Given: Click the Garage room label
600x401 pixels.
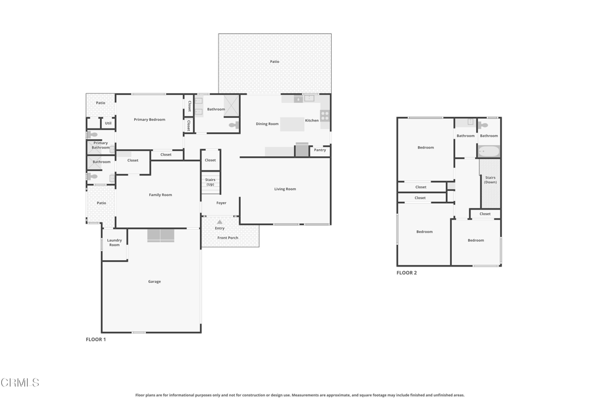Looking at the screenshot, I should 154,282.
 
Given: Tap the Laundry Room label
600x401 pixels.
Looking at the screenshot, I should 114,242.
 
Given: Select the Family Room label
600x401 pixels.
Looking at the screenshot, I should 160,195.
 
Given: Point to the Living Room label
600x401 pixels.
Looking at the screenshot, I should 285,189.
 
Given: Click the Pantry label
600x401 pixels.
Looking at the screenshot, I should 320,150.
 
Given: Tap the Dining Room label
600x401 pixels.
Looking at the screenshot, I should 267,124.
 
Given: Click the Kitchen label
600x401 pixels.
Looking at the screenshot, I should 312,120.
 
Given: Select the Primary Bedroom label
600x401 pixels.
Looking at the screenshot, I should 149,120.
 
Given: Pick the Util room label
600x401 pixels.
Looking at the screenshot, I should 108,123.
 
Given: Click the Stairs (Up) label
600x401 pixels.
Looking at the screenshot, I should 210,182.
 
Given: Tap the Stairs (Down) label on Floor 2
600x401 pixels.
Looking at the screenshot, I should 490,180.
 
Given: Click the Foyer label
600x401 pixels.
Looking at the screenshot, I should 221,203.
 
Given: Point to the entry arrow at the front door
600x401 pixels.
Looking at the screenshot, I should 220,222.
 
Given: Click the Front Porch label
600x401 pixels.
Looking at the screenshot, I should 228,238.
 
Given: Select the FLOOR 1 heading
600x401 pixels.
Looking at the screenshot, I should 96,339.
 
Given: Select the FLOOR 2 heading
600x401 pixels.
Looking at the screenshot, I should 407,273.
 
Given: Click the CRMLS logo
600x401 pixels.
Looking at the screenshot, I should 20,383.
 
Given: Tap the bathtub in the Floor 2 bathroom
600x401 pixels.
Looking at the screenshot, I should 489,151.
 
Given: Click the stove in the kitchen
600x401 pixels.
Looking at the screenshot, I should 325,116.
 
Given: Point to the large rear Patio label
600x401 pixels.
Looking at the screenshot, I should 274,62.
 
